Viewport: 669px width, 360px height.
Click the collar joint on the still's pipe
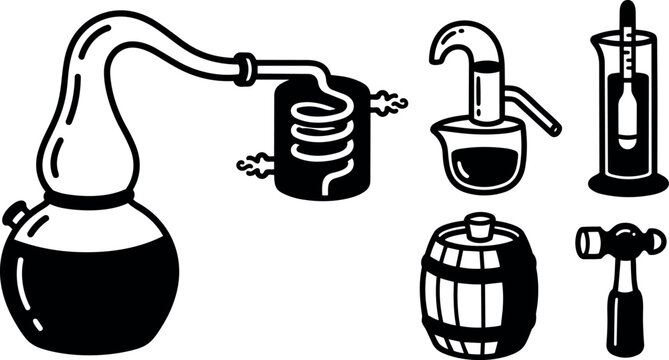pyautogui.click(x=244, y=67)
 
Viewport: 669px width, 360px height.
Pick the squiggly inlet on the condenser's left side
pyautogui.click(x=254, y=162)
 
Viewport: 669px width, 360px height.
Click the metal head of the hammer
pyautogui.click(x=621, y=243)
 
